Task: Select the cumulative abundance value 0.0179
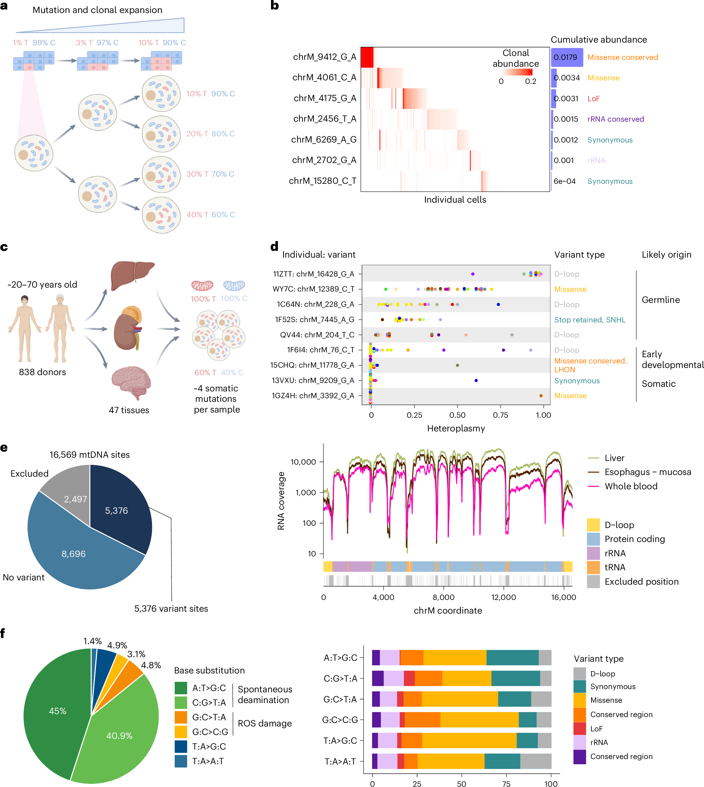[x=565, y=57]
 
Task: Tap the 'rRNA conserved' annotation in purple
[x=616, y=119]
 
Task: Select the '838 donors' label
[x=43, y=372]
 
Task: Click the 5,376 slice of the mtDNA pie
[x=116, y=510]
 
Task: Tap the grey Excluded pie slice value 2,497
[x=75, y=499]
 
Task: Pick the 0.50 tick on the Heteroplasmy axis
[x=457, y=415]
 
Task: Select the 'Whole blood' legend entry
[x=630, y=486]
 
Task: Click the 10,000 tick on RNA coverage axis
[x=303, y=462]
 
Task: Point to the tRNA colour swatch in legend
[x=593, y=567]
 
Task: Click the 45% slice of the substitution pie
[x=57, y=711]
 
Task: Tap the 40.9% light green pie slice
[x=119, y=736]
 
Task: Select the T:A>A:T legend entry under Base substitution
[x=208, y=761]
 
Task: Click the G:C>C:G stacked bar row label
[x=339, y=720]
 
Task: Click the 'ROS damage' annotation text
[x=264, y=723]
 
